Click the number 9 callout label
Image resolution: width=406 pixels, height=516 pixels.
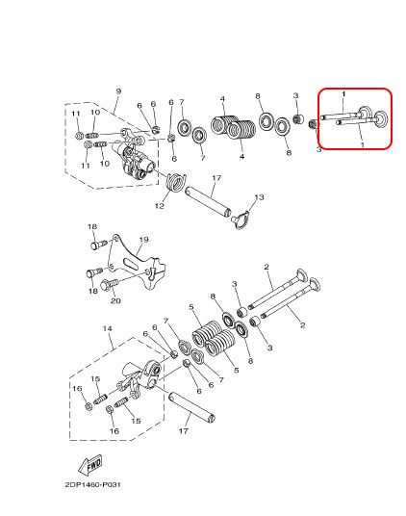[x=118, y=91]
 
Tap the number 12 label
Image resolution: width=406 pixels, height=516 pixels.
[x=160, y=206]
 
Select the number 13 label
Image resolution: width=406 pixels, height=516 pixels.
[x=260, y=197]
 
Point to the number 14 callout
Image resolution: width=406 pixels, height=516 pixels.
[x=108, y=328]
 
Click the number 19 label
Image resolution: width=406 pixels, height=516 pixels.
[x=143, y=240]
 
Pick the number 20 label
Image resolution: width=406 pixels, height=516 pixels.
[x=115, y=300]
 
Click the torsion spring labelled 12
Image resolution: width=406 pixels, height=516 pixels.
[x=176, y=182]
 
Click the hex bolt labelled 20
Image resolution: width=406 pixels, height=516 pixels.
[x=109, y=284]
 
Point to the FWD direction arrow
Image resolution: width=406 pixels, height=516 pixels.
[x=90, y=465]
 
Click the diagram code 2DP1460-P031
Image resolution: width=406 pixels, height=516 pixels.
[x=92, y=485]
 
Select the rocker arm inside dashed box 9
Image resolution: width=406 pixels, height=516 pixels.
[x=135, y=155]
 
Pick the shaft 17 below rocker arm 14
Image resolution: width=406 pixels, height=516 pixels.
[x=192, y=407]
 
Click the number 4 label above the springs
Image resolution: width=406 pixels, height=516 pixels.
[x=223, y=99]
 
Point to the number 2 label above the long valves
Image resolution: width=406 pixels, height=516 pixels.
[x=266, y=267]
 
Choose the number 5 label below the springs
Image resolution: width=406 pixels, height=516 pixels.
[x=237, y=371]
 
